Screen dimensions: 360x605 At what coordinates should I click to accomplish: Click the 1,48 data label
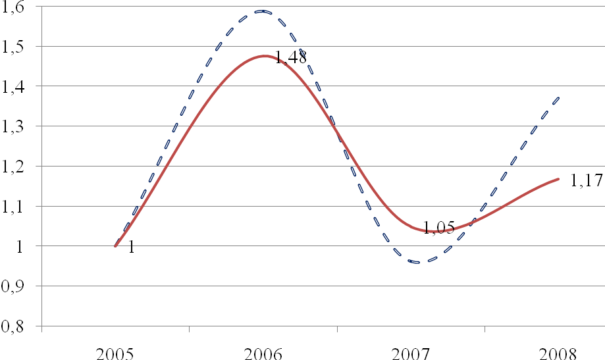click(x=290, y=58)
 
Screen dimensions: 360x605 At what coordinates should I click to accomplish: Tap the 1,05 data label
click(x=438, y=228)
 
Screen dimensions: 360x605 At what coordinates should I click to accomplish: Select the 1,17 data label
click(x=586, y=180)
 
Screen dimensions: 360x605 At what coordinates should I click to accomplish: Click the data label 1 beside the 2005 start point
click(x=131, y=247)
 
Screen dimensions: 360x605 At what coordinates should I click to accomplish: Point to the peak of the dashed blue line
click(x=262, y=11)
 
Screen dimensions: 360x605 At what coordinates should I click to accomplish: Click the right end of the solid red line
click(x=558, y=178)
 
